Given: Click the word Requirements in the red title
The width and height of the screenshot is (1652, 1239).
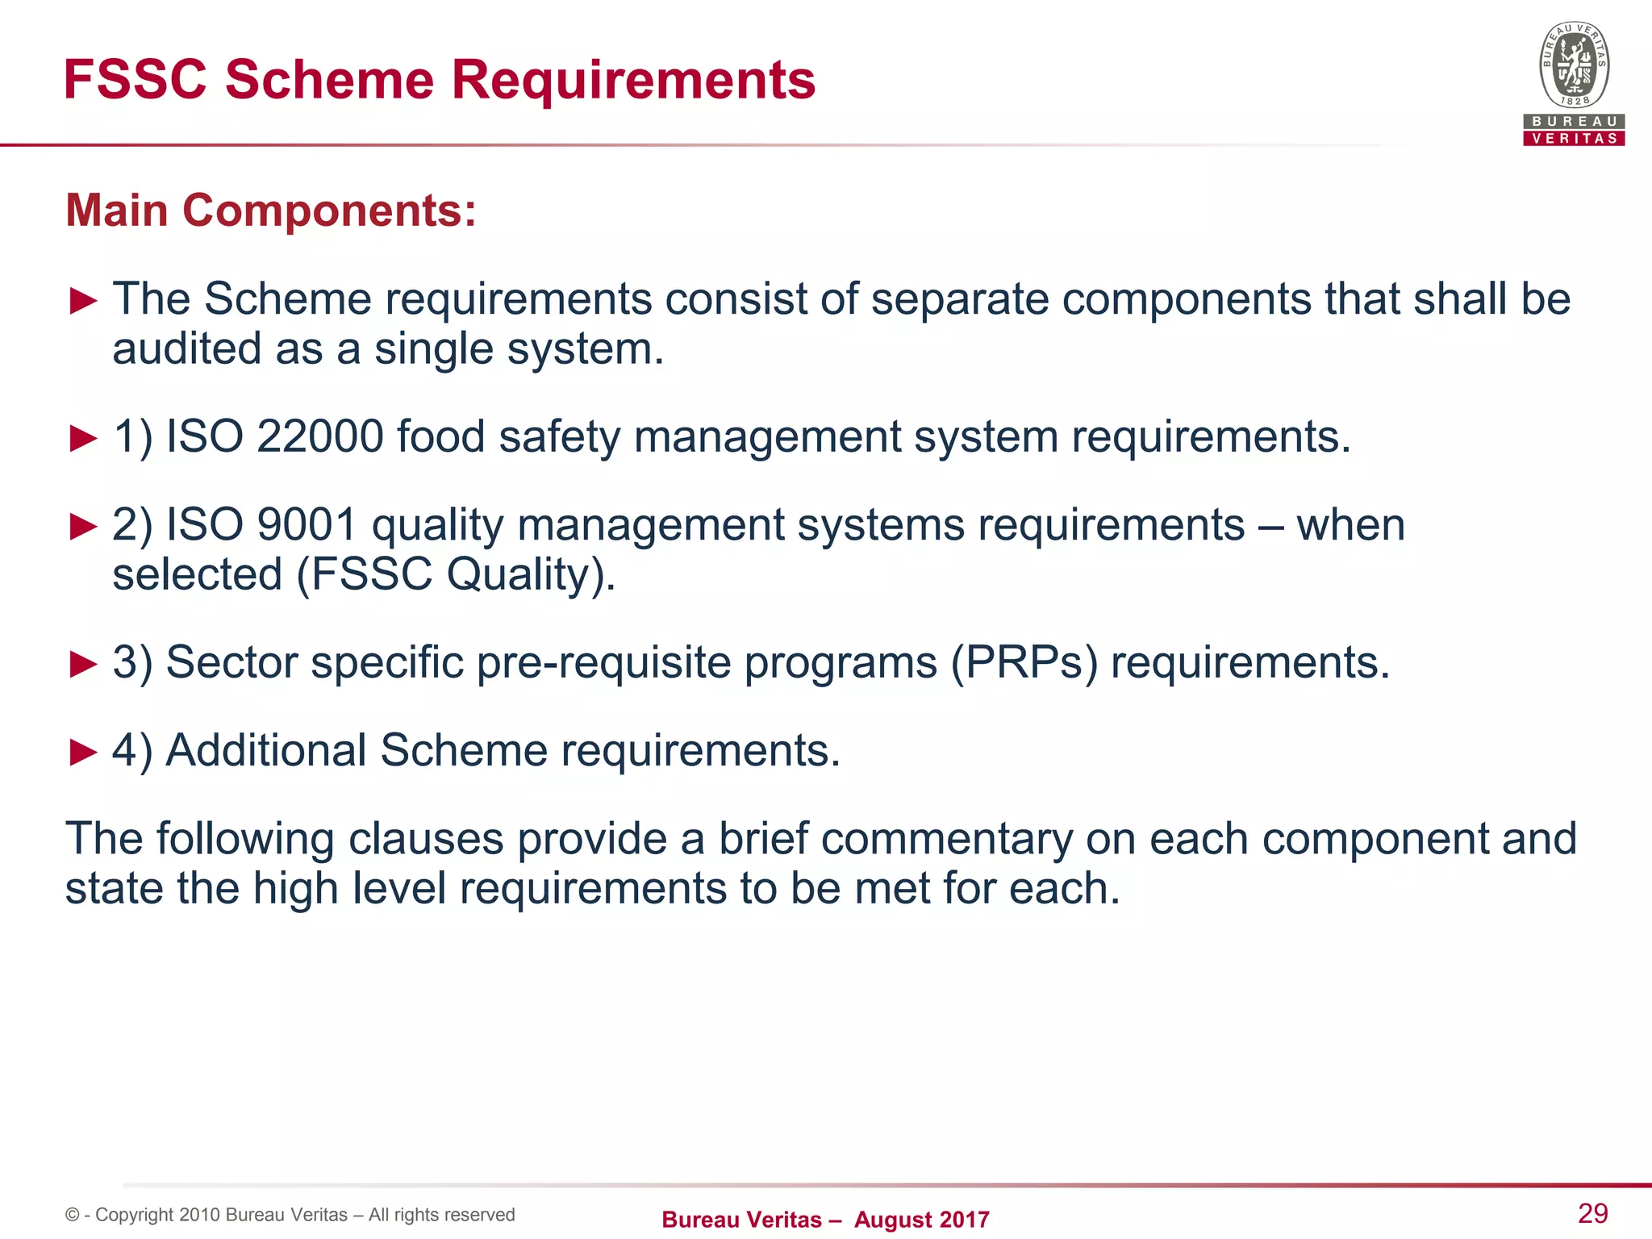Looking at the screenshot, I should (633, 80).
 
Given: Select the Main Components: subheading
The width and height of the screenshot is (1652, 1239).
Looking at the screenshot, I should (271, 211).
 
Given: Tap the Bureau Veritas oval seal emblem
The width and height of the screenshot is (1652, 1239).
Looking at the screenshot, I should (1574, 65).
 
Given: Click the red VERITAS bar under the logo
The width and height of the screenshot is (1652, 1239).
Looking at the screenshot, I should (1574, 138).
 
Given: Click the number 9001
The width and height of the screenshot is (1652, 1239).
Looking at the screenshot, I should (307, 525).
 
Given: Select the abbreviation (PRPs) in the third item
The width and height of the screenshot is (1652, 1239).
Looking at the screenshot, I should (1024, 662).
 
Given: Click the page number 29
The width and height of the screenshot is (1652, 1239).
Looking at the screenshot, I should (1592, 1213).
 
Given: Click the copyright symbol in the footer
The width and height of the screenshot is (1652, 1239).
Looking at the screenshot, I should (73, 1215).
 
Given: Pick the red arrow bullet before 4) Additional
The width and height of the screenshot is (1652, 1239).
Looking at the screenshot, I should (83, 752).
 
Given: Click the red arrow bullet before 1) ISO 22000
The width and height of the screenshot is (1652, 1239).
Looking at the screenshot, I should (83, 438).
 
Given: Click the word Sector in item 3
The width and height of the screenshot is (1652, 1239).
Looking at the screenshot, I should (232, 662).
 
